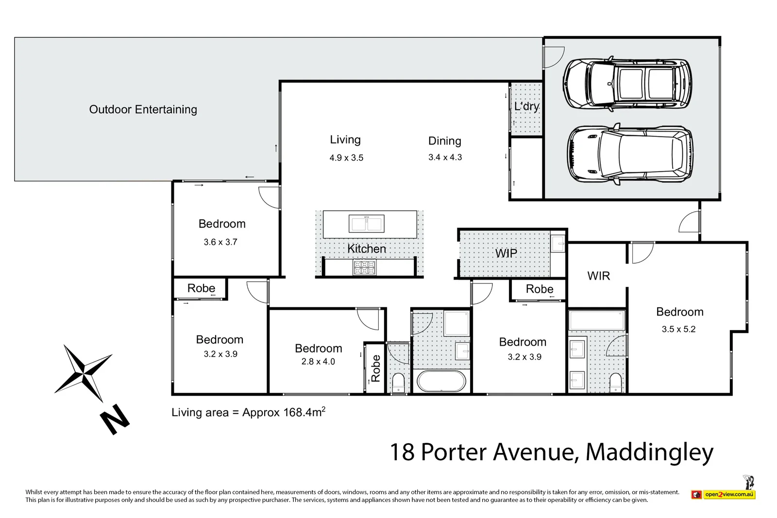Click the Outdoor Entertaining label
coord(143,110)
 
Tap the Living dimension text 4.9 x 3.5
coord(346,158)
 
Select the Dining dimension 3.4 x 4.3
coord(445,157)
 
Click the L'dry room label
coord(526,106)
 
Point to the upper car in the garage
coord(627,83)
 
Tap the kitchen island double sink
coord(367,224)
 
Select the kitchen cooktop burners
coord(364,267)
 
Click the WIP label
coord(506,253)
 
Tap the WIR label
coord(598,276)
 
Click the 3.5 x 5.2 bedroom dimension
coord(678,329)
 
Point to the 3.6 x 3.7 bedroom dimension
coord(220,242)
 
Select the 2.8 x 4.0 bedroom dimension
coord(318,362)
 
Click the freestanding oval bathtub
coord(441,381)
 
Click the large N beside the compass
coord(115,419)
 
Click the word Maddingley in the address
coord(649,452)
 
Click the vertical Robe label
coord(375,368)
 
